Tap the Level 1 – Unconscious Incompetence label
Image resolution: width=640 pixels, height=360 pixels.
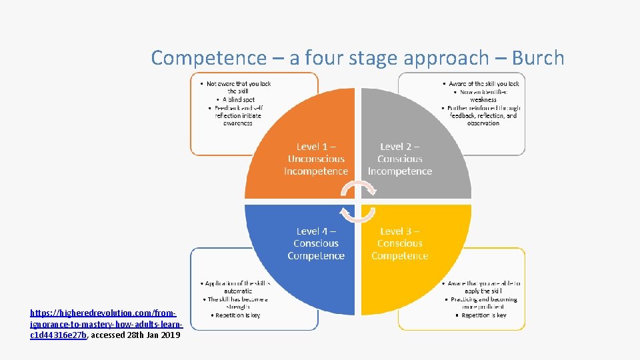pos(316,159)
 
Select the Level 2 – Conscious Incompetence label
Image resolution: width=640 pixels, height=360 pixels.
pos(400,159)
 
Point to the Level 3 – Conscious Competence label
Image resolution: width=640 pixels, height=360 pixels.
pos(400,243)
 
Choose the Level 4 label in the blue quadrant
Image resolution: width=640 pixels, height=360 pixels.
pos(316,243)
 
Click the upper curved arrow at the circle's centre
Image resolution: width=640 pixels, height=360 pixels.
pos(358,189)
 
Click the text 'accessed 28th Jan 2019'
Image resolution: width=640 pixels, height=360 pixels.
pos(135,335)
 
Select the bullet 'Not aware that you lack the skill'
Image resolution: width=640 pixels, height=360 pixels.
pos(238,87)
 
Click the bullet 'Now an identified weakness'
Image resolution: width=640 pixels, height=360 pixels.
pos(483,96)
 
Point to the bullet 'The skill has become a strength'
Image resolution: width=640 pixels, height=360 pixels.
pos(237,303)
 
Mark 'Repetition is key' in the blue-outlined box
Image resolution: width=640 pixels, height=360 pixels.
pos(237,315)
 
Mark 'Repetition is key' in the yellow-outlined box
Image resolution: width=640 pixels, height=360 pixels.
pos(483,315)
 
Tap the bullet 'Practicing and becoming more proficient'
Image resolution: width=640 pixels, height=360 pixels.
pos(483,303)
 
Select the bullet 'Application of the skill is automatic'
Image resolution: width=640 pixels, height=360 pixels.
pos(237,287)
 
